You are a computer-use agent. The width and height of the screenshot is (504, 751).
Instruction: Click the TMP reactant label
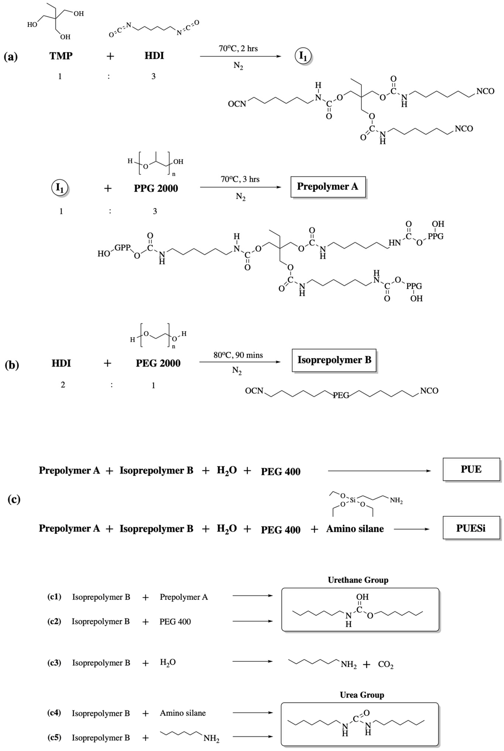pos(61,56)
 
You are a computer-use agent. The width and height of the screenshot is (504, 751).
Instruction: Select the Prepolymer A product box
pos(328,187)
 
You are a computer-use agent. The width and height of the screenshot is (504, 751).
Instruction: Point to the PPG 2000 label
pos(156,188)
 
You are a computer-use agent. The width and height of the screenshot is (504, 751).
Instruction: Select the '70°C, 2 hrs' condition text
pos(238,48)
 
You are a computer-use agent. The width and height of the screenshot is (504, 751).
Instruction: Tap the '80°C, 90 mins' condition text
pos(238,355)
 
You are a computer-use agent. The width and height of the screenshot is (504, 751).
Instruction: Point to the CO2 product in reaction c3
pos(386,665)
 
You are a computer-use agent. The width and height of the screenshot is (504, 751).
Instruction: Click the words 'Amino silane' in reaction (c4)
pos(183,713)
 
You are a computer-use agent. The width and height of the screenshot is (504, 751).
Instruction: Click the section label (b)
pos(12,365)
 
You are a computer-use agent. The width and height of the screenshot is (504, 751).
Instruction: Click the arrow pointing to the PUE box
pos(379,471)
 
